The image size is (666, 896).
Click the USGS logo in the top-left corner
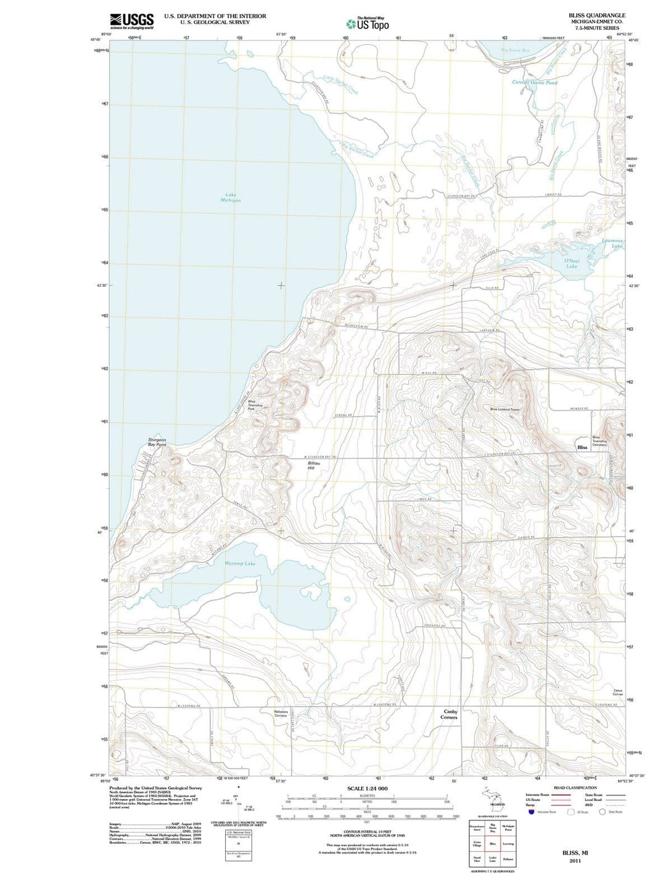131,22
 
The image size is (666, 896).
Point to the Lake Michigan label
231,197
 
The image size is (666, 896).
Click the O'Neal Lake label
572,263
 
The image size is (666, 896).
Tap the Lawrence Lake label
612,243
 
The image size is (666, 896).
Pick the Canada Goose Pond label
535,82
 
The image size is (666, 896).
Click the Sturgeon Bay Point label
157,442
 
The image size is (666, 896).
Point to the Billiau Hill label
314,465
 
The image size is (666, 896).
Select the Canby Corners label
450,714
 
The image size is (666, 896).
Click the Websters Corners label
280,713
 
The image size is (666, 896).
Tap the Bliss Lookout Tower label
506,409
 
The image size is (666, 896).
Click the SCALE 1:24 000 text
367,789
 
